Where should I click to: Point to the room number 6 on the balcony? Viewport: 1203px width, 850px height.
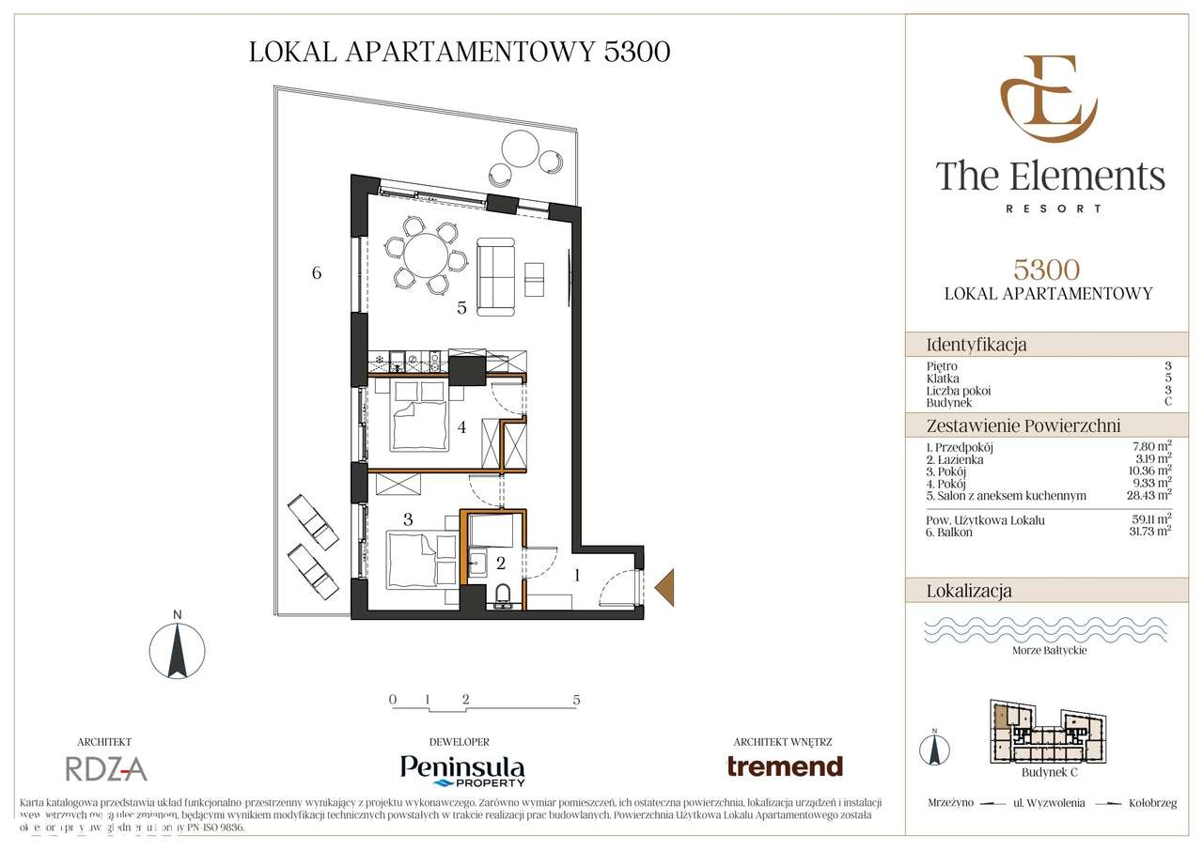pyautogui.click(x=317, y=273)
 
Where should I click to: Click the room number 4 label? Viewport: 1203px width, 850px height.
pyautogui.click(x=461, y=427)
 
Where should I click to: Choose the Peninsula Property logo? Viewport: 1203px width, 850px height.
pyautogui.click(x=462, y=769)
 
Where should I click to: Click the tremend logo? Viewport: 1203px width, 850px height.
pyautogui.click(x=785, y=765)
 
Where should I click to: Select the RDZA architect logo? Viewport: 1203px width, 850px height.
pyautogui.click(x=106, y=769)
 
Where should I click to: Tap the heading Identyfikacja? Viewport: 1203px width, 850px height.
pyautogui.click(x=976, y=345)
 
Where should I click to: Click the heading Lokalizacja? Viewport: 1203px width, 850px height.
pyautogui.click(x=969, y=591)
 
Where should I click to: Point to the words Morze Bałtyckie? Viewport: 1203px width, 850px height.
pyautogui.click(x=1049, y=650)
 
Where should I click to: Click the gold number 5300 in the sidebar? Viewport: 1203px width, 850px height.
pyautogui.click(x=1047, y=270)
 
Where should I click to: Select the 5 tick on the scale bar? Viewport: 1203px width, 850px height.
pyautogui.click(x=576, y=700)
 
